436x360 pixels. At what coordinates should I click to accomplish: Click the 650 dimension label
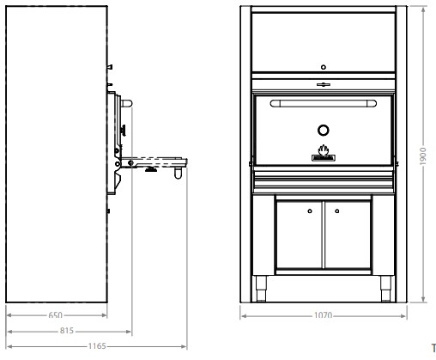coord(55,315)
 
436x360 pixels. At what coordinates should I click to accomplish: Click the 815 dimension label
coord(67,331)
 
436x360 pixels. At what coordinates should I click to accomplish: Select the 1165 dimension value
coord(97,346)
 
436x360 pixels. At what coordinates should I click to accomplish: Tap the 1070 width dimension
coord(324,315)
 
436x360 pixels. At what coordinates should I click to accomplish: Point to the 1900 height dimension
coord(423,156)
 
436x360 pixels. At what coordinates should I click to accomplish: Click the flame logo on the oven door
coord(324,153)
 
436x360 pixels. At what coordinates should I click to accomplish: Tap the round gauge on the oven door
coord(324,131)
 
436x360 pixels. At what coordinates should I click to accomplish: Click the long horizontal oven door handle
coord(324,103)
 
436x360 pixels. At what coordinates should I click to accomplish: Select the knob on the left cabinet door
coord(310,211)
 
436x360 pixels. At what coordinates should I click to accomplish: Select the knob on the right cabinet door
coord(337,211)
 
